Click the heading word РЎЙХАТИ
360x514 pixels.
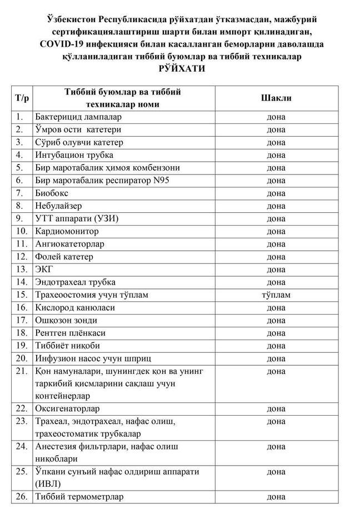181,69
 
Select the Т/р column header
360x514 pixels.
22,98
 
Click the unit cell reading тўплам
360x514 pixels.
276,295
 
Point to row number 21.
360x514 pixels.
22,371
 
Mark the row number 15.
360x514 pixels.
22,295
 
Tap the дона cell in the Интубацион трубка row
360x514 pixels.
276,155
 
